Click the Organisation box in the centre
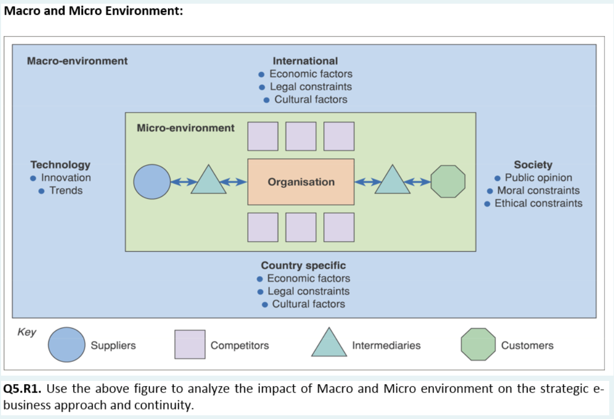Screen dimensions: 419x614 301,182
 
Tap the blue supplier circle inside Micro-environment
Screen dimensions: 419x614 152,181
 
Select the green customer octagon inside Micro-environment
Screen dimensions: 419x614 448,181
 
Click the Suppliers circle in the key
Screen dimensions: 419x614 66,344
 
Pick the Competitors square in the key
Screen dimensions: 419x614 190,344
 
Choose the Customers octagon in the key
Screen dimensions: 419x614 478,344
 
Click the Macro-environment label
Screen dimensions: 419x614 77,61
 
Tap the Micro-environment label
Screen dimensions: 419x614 185,128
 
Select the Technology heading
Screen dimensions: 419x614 60,165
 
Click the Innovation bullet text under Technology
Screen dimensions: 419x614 66,178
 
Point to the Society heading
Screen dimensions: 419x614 532,165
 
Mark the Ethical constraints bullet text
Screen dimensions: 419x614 538,203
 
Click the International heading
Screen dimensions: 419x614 305,61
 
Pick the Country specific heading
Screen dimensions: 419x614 303,266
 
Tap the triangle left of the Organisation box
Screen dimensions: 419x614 208,181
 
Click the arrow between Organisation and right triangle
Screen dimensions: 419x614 365,182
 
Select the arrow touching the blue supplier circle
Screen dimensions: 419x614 180,182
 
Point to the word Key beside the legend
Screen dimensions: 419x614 27,332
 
